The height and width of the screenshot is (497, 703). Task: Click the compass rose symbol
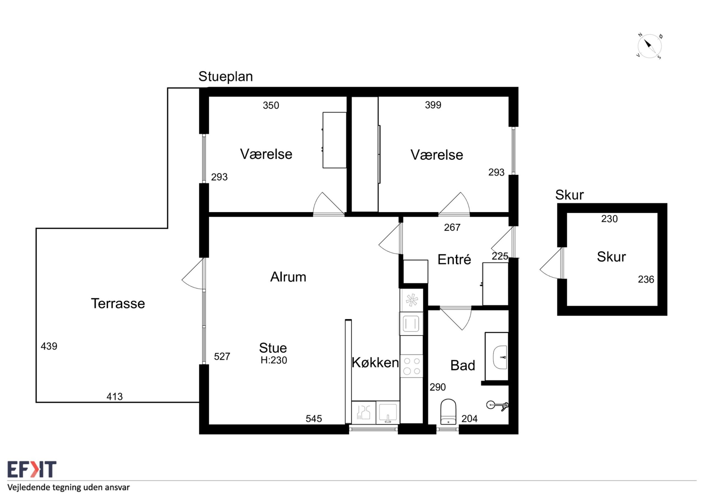coord(649,46)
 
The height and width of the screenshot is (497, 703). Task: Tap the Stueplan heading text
coord(226,77)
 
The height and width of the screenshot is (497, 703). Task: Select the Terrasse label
coord(118,303)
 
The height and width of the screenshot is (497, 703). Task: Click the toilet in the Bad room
coord(448,412)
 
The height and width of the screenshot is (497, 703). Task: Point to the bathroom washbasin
coord(500,357)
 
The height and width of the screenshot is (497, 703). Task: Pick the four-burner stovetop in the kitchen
coord(412,366)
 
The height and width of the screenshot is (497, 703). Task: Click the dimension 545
coord(314,419)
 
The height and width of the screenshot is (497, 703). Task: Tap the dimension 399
coord(433,105)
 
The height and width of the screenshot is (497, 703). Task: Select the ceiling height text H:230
coord(274,360)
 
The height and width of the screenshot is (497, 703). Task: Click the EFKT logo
coord(32,470)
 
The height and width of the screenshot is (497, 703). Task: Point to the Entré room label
coord(454,259)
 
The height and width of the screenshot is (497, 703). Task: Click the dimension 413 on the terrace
coord(115,397)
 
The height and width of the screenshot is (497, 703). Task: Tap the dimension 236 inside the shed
coord(646,279)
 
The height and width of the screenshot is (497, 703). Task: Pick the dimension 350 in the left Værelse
coord(271,105)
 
